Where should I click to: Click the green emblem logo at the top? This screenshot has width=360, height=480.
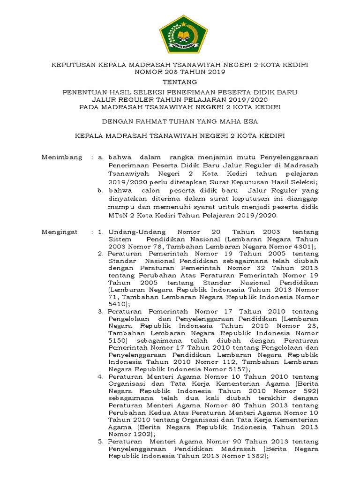180,34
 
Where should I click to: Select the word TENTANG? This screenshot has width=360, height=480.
180,82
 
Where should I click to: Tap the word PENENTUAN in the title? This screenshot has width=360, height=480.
83,92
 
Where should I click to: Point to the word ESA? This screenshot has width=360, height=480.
249,121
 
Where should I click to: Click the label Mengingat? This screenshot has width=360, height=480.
61,232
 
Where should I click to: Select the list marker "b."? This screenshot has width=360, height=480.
101,191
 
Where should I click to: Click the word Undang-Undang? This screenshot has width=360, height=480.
132,232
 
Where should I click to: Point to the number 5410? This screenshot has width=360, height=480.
117,304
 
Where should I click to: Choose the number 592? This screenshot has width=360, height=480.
308,390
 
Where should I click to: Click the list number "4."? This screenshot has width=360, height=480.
101,376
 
